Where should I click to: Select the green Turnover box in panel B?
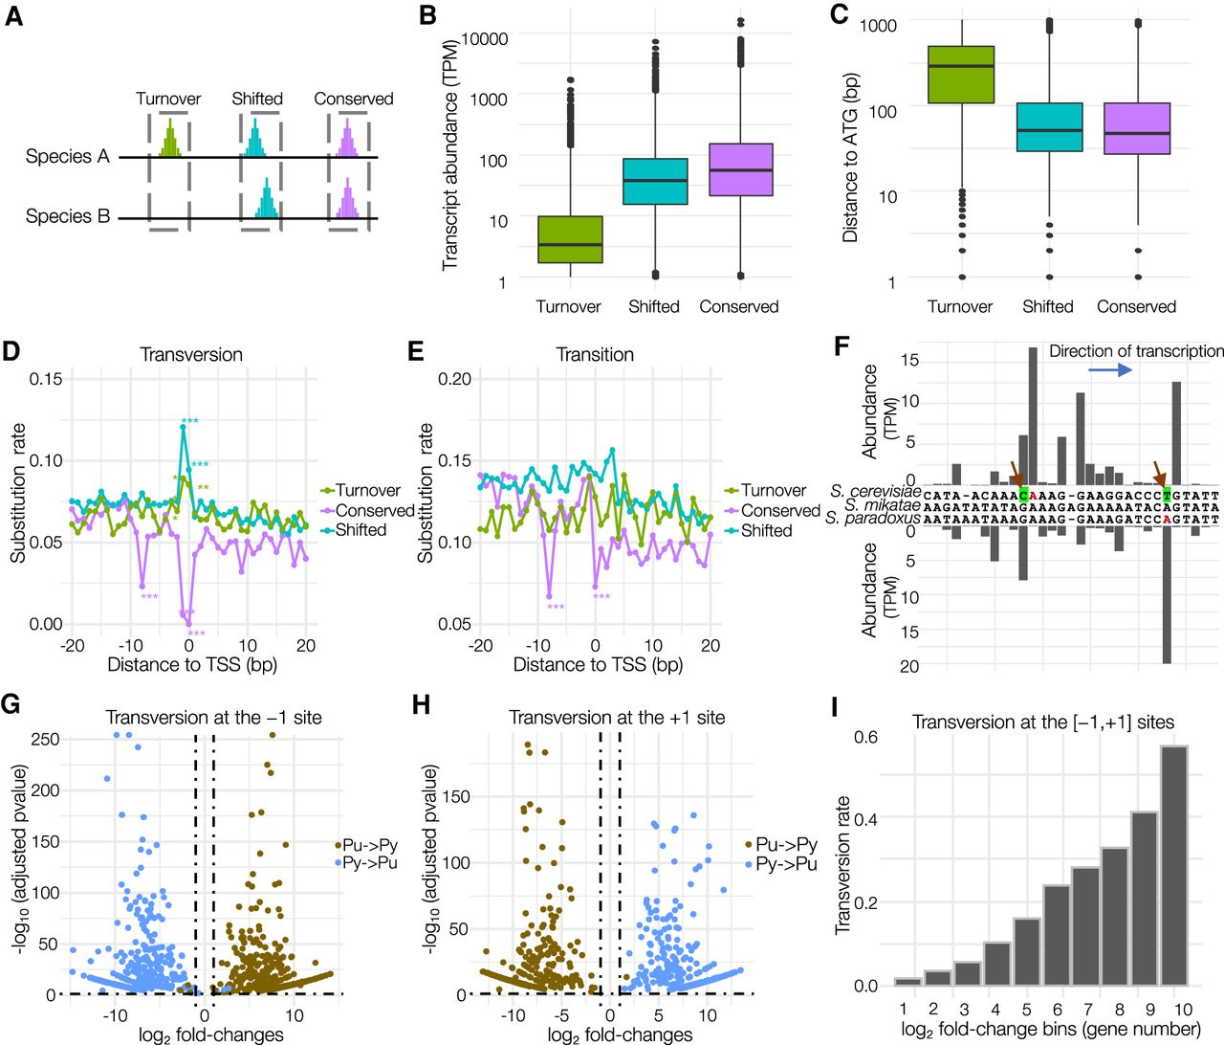click(570, 239)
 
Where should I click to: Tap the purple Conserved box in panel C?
click(1137, 128)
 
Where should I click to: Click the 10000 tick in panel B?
click(485, 39)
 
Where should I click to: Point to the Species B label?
click(68, 217)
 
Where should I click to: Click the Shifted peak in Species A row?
click(255, 142)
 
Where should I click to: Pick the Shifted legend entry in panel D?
click(361, 530)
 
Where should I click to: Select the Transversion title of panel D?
click(191, 355)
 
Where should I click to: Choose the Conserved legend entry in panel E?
click(780, 511)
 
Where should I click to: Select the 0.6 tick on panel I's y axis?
click(866, 737)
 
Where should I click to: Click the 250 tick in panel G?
click(45, 740)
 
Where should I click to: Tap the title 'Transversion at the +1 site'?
click(617, 718)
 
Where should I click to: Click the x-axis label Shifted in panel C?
click(1047, 307)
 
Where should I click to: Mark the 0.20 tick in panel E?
click(454, 379)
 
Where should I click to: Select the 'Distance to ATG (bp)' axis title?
click(850, 158)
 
